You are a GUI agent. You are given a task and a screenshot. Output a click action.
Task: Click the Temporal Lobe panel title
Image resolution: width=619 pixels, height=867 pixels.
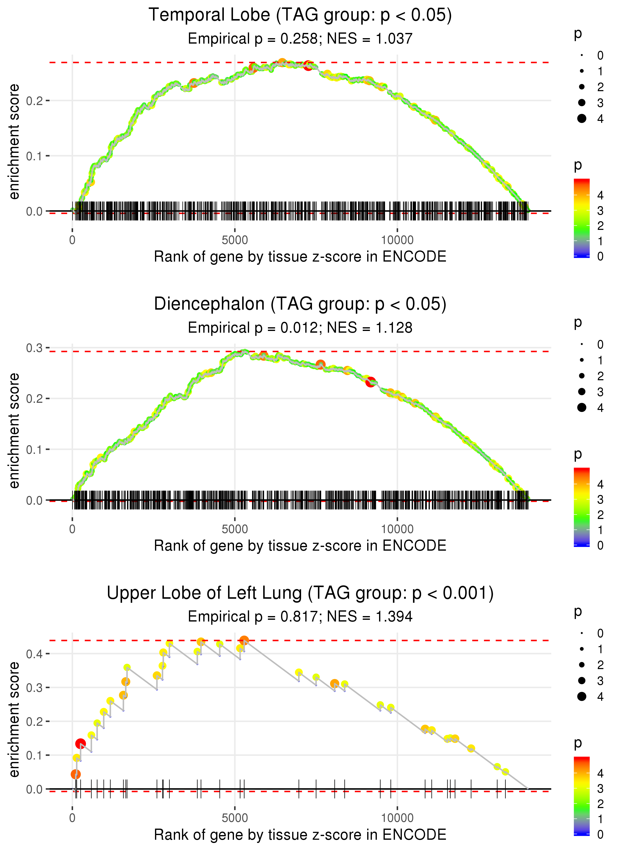tap(300, 15)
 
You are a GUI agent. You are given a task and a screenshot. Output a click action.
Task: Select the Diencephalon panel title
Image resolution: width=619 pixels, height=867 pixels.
tap(300, 304)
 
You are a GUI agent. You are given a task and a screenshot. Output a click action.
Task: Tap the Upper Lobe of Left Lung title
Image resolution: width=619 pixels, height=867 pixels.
tap(300, 593)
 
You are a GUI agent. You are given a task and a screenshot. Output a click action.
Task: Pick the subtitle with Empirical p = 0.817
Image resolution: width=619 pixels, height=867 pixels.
tap(300, 617)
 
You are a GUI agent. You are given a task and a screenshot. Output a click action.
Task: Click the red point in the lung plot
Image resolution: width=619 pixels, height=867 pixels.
tap(80, 743)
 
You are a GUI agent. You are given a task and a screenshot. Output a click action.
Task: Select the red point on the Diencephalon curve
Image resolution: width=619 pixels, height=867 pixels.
tap(370, 382)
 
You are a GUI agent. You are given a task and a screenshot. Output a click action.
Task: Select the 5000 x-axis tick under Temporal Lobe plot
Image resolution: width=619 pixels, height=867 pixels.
tap(234, 240)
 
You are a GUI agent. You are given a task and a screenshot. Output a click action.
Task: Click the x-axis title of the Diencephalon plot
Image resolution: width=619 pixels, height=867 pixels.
tap(300, 546)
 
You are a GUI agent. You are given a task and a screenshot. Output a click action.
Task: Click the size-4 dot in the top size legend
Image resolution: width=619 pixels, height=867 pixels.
tap(582, 119)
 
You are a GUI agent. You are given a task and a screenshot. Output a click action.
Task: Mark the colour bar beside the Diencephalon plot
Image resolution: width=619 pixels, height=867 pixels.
tap(582, 507)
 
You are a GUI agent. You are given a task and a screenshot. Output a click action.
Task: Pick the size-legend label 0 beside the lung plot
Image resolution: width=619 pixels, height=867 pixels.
tap(600, 634)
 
